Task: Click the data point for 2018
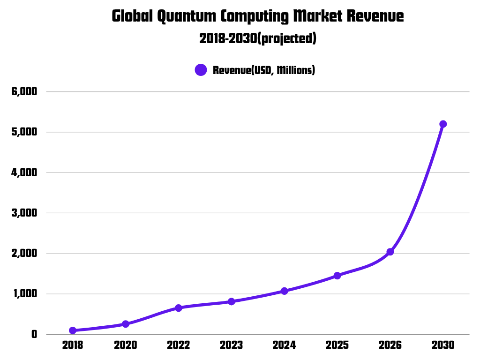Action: pos(73,330)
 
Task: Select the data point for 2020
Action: pos(126,324)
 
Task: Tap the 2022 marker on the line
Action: pos(179,308)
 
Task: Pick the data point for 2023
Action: pos(232,301)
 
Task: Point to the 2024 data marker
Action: pos(284,291)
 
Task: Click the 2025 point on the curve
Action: pos(337,276)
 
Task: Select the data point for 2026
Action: pos(390,252)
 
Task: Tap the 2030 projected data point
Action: pos(443,124)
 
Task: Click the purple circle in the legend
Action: pos(201,70)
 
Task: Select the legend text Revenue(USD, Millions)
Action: pos(264,70)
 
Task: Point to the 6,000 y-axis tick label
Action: pos(24,91)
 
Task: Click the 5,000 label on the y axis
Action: pos(24,132)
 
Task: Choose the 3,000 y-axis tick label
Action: pos(24,213)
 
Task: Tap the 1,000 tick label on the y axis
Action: pos(24,294)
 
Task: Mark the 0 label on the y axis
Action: pos(34,335)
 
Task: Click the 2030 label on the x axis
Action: pos(443,345)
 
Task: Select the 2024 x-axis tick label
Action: pos(284,345)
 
